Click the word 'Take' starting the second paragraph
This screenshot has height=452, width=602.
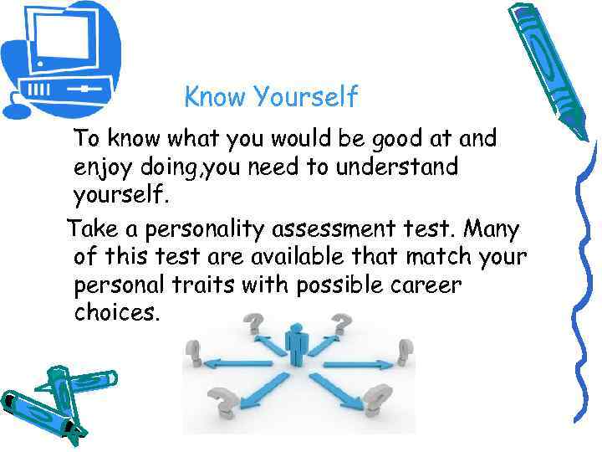click(91, 229)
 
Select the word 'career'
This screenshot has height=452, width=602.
click(426, 285)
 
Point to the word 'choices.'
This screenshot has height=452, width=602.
click(115, 314)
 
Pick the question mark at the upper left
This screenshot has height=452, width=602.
click(253, 321)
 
